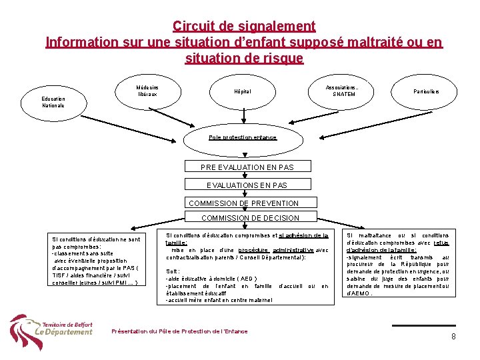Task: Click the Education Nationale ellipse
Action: (53, 101)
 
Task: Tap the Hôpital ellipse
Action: (243, 91)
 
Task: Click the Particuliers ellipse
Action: (426, 91)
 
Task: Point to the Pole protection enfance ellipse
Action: (243, 137)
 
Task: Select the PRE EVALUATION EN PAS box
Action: (247, 167)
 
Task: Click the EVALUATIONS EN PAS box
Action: (247, 185)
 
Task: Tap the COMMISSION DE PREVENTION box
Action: (244, 203)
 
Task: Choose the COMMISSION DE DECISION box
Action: (250, 218)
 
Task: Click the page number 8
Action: (453, 337)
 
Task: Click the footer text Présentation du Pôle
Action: (179, 331)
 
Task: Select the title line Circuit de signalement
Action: (244, 27)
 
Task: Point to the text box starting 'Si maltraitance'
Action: (397, 264)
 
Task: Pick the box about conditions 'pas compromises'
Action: (96, 260)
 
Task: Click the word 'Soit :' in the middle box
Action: (173, 271)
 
